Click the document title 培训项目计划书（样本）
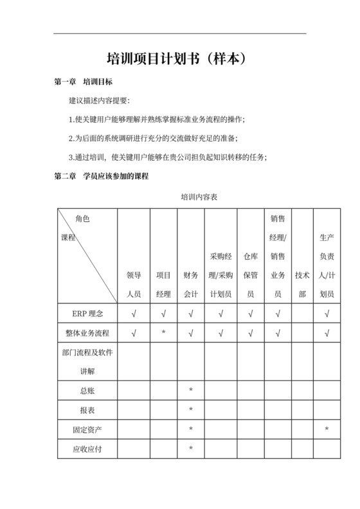pyautogui.click(x=179, y=58)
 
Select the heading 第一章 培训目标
pyautogui.click(x=85, y=82)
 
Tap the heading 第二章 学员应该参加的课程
pyautogui.click(x=101, y=175)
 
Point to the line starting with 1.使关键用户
pyautogui.click(x=157, y=120)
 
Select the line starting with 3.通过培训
pyautogui.click(x=167, y=157)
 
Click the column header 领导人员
pyautogui.click(x=133, y=284)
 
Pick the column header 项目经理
pyautogui.click(x=163, y=284)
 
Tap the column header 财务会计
pyautogui.click(x=191, y=284)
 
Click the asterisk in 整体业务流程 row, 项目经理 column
pyautogui.click(x=163, y=334)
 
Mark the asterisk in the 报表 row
pyautogui.click(x=191, y=410)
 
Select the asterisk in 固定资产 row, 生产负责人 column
pyautogui.click(x=327, y=429)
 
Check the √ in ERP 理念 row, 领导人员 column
pyautogui.click(x=133, y=314)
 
